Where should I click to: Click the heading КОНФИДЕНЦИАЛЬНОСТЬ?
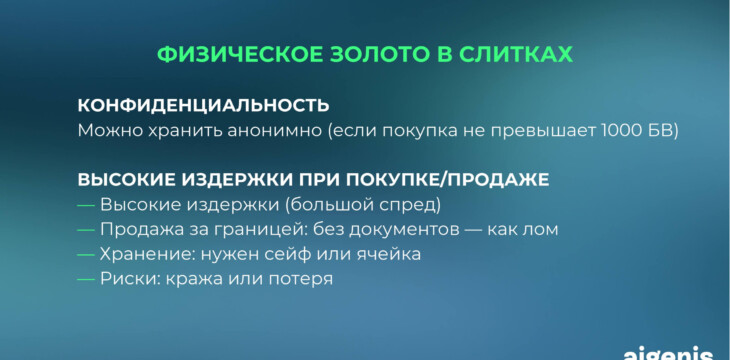[203, 105]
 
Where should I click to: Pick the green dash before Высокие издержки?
[86, 205]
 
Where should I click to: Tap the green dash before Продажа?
[86, 230]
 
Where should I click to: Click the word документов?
[403, 230]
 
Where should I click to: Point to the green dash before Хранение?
[86, 254]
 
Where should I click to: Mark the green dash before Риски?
[86, 279]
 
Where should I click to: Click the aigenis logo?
[668, 353]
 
